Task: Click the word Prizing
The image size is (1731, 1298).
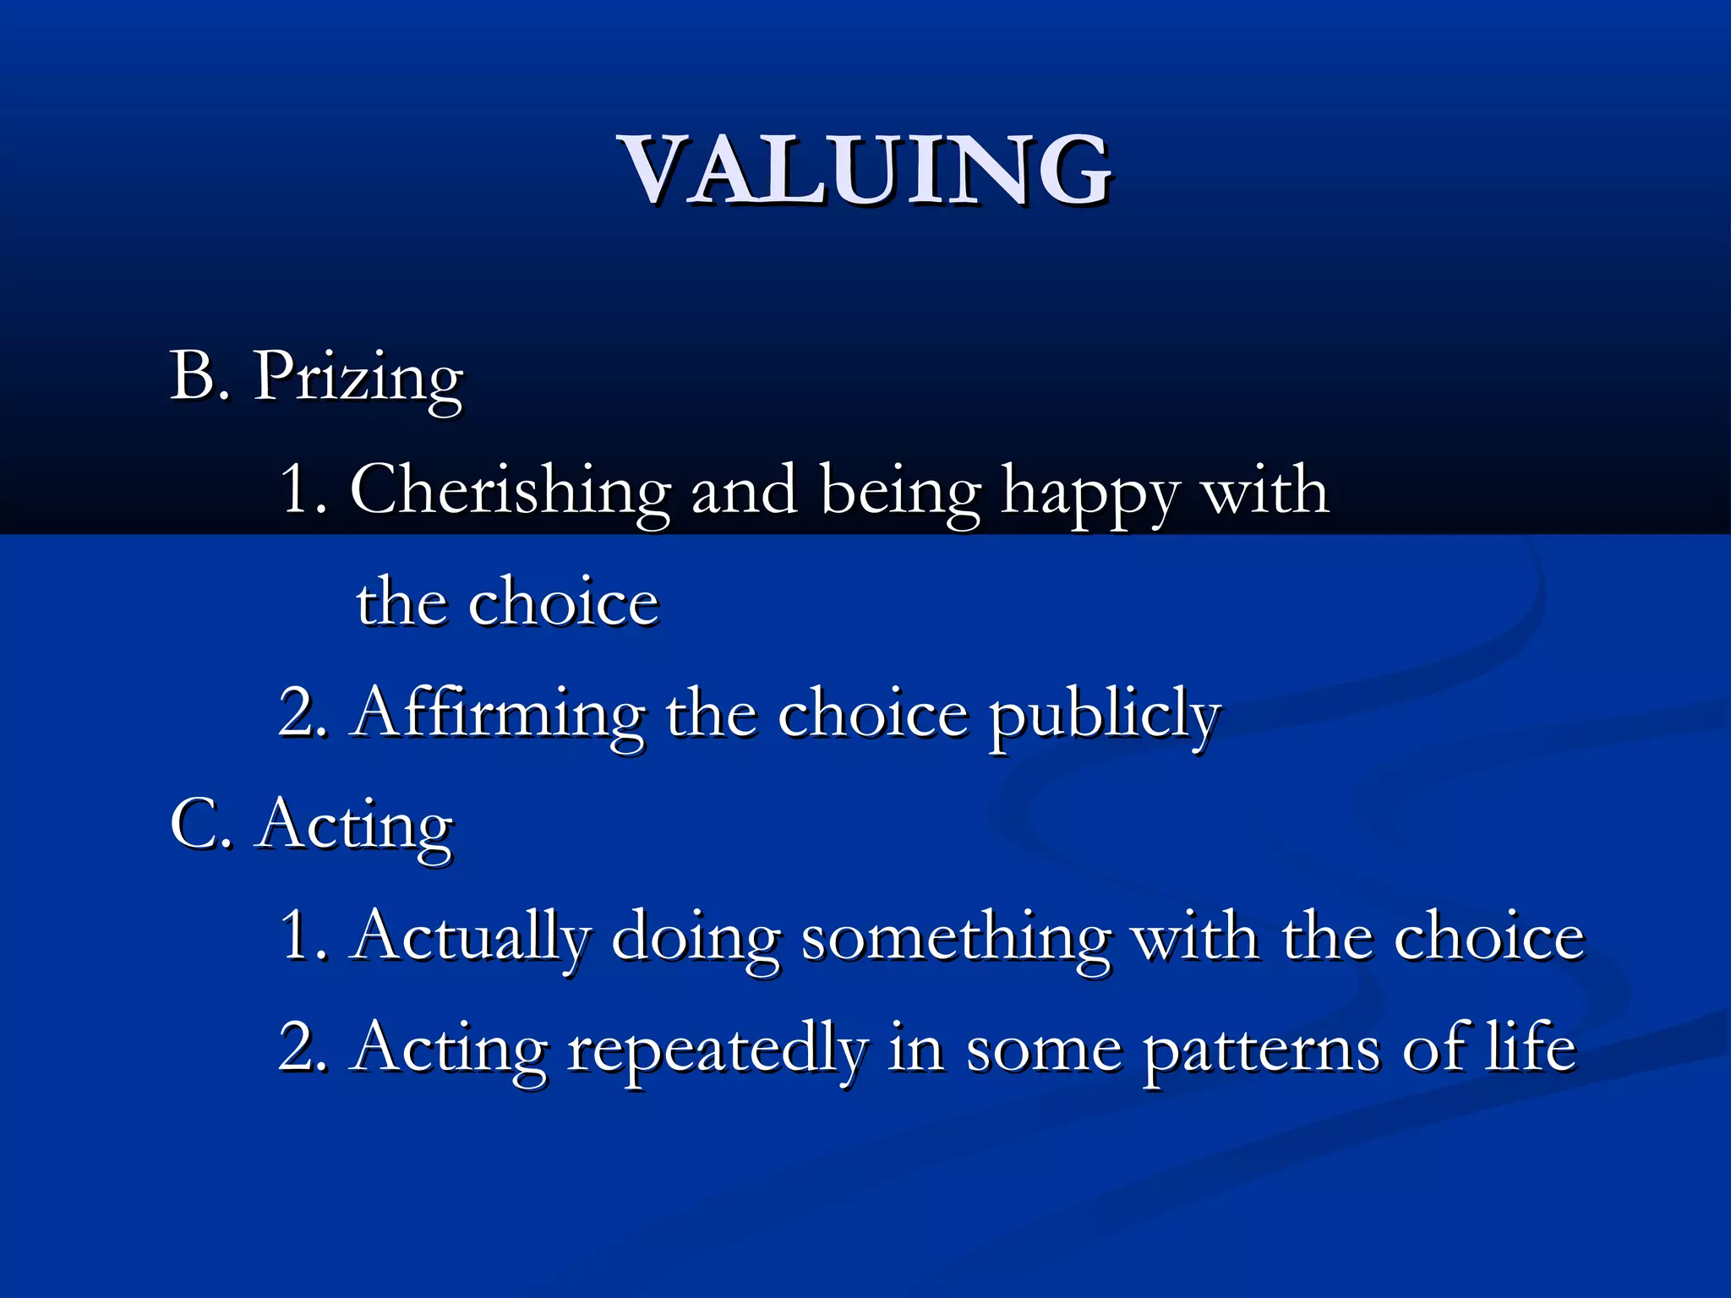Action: (358, 378)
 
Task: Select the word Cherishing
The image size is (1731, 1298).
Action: (510, 491)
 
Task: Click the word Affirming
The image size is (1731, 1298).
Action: (500, 715)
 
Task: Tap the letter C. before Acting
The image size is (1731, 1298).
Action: (200, 824)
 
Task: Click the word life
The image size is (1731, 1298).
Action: (1531, 1046)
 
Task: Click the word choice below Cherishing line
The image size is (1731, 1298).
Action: (563, 603)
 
